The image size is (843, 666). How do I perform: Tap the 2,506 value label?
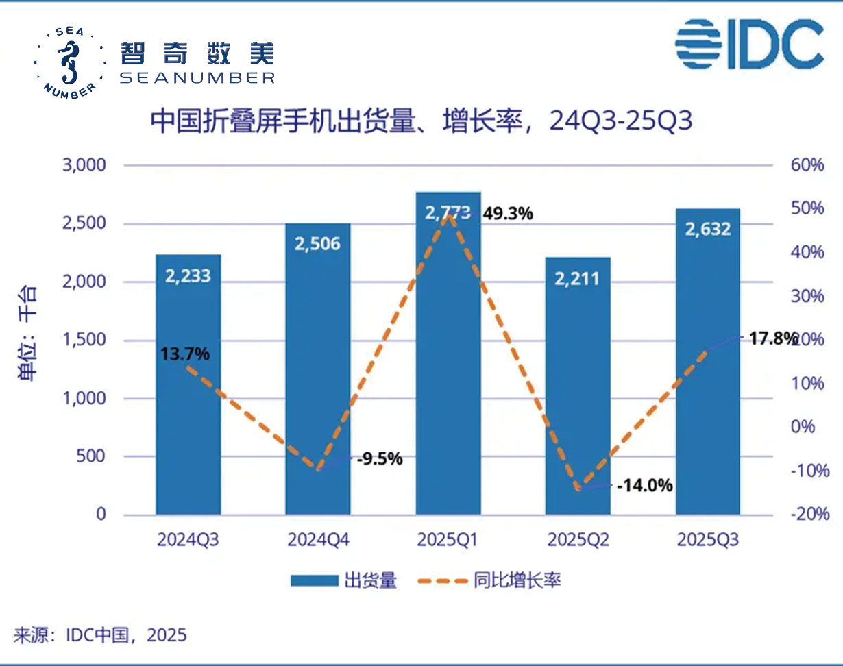(317, 243)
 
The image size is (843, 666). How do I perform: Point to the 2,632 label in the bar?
(707, 228)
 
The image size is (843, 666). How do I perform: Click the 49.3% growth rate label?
(508, 214)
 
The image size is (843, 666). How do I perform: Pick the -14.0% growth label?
(644, 486)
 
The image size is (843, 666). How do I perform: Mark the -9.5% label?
(379, 459)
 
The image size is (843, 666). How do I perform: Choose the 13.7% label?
(185, 354)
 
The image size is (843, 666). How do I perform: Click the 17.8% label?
(772, 338)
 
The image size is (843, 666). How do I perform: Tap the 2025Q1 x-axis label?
(448, 540)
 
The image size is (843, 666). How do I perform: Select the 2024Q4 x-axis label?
(318, 540)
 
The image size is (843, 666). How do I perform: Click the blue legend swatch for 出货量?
(313, 581)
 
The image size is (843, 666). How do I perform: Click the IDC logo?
(748, 44)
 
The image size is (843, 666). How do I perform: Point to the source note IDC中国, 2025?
(100, 635)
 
